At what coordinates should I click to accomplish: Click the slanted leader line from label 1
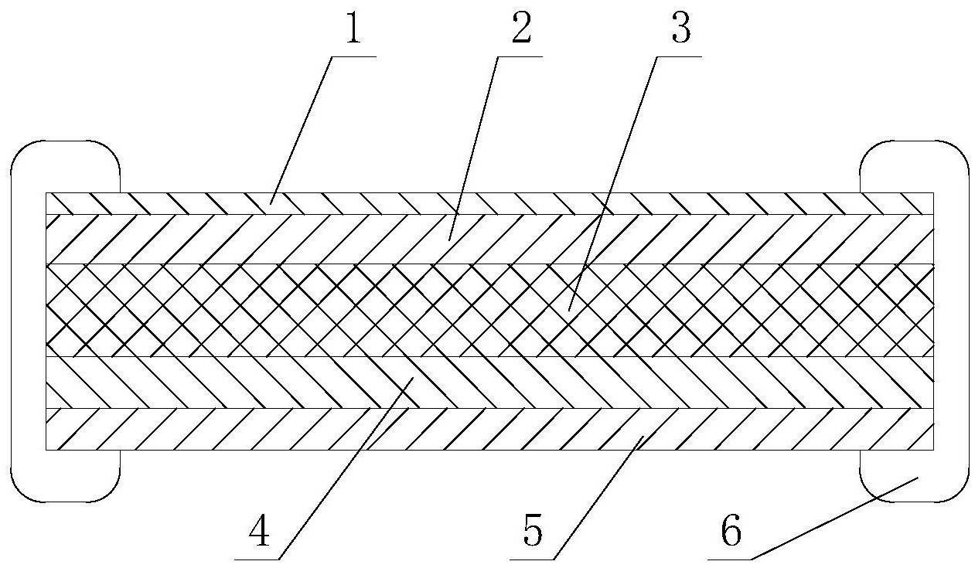(301, 130)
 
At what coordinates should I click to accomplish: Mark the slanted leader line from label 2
(473, 148)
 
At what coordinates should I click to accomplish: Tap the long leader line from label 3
(613, 183)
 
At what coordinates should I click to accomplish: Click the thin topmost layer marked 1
(489, 203)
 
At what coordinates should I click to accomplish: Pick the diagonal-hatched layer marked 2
(489, 240)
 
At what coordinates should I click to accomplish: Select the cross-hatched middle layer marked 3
(489, 311)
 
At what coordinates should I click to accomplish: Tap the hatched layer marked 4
(489, 383)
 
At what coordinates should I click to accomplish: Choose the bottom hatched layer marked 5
(489, 429)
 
